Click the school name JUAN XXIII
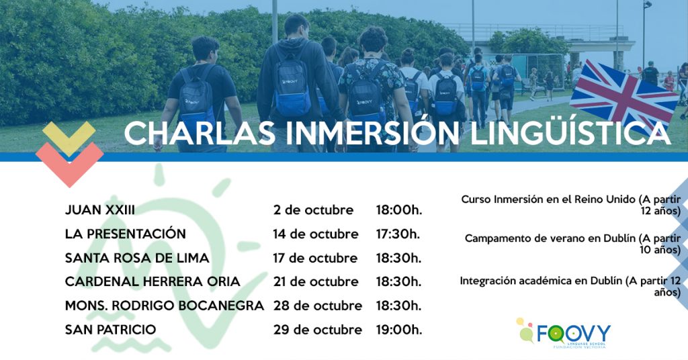coord(100,210)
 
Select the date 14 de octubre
coord(316,234)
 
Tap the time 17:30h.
coord(398,234)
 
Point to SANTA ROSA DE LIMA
coord(137,258)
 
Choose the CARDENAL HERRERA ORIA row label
coord(153,281)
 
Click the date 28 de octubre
coord(318,306)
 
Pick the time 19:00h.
coord(399,330)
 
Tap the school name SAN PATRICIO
coord(111,330)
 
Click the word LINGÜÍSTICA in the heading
coord(570,132)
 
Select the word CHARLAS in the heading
coord(200,133)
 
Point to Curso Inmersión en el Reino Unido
coord(548,199)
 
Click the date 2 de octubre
coord(313,210)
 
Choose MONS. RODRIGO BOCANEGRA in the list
coord(165,306)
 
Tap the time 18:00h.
coord(399,210)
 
